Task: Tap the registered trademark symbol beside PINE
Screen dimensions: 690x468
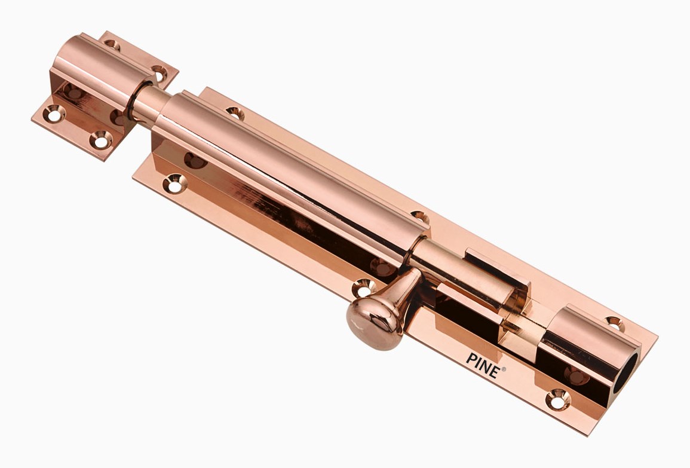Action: [504, 369]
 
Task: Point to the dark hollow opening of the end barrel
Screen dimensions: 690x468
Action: [625, 374]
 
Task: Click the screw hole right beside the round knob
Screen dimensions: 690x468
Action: [363, 288]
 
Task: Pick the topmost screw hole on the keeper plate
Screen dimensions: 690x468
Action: [111, 44]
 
